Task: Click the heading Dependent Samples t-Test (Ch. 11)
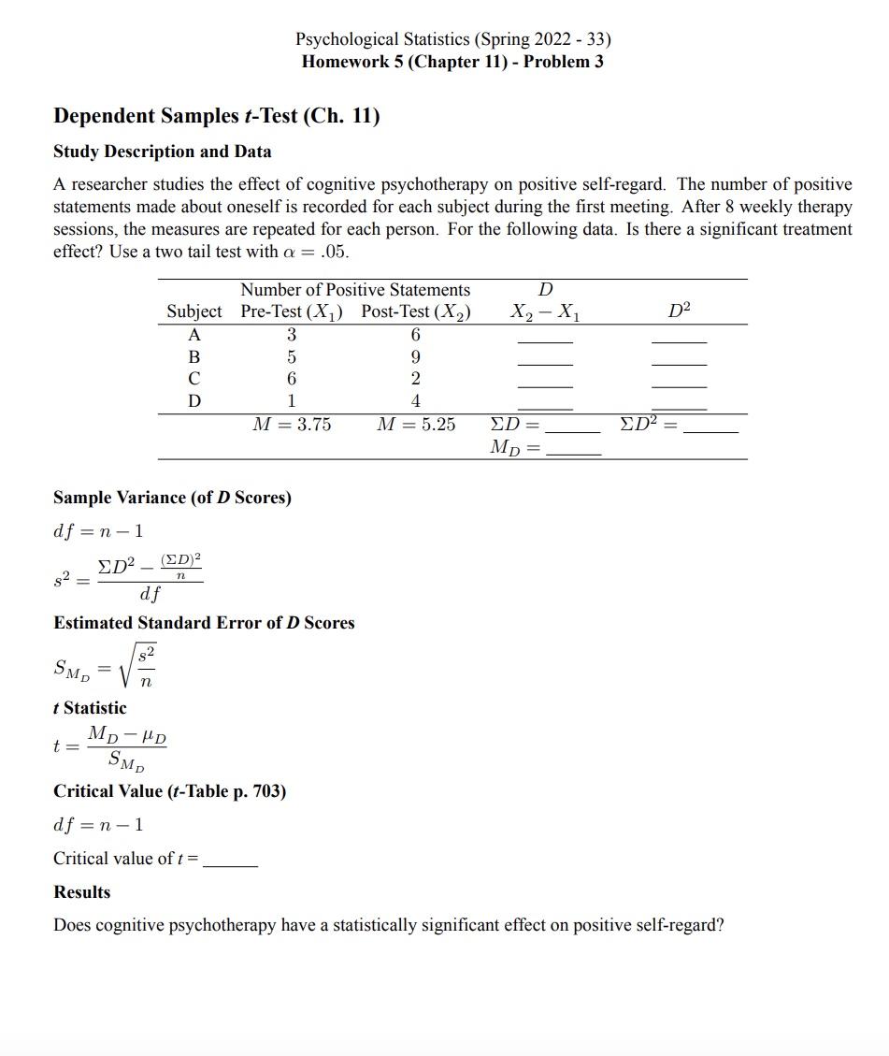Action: coord(216,117)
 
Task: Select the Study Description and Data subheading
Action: coord(163,152)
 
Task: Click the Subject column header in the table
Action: coord(194,311)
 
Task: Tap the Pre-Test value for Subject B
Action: coord(292,356)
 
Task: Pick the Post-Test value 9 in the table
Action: coord(416,356)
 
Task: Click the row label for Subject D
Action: coord(194,400)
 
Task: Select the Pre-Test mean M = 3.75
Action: coord(293,425)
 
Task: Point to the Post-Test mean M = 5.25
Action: coord(416,425)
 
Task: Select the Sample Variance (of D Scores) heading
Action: coord(172,498)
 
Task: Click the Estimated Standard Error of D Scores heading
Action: coord(204,623)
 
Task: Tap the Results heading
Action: coord(82,892)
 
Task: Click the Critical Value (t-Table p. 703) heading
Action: coord(169,791)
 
